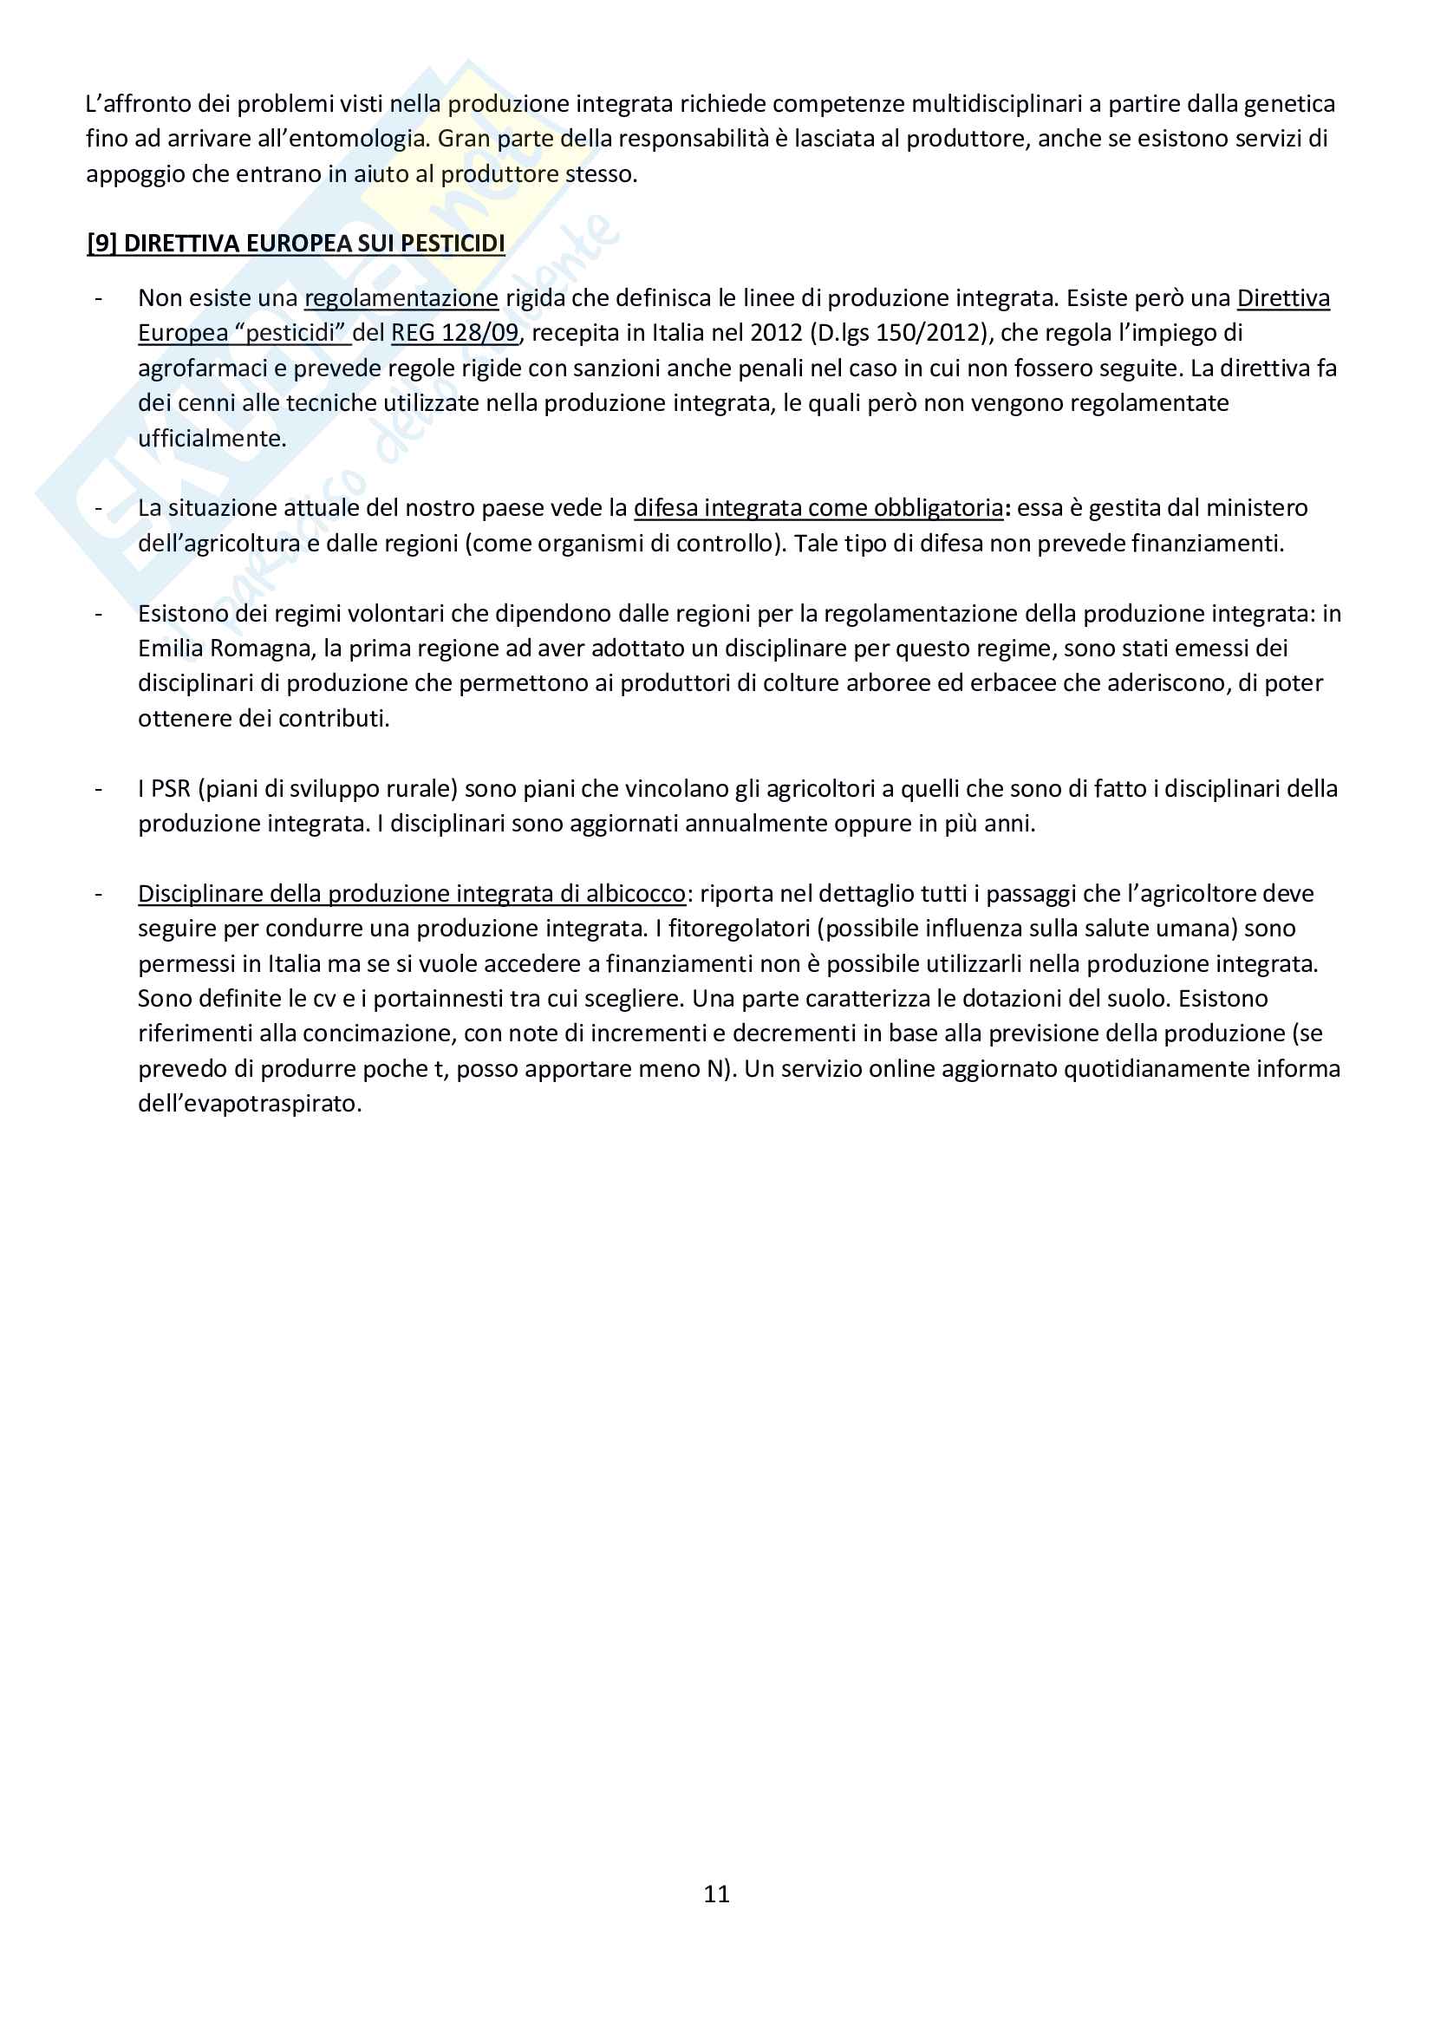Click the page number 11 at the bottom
tap(716, 1894)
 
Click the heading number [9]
tap(101, 244)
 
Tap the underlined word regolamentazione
tap(401, 298)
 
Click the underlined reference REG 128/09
tap(455, 333)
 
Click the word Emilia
tap(171, 649)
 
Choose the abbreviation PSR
tap(172, 789)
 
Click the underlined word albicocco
tap(636, 894)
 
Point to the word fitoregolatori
tap(744, 929)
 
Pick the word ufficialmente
tap(212, 438)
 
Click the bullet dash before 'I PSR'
tap(99, 789)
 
